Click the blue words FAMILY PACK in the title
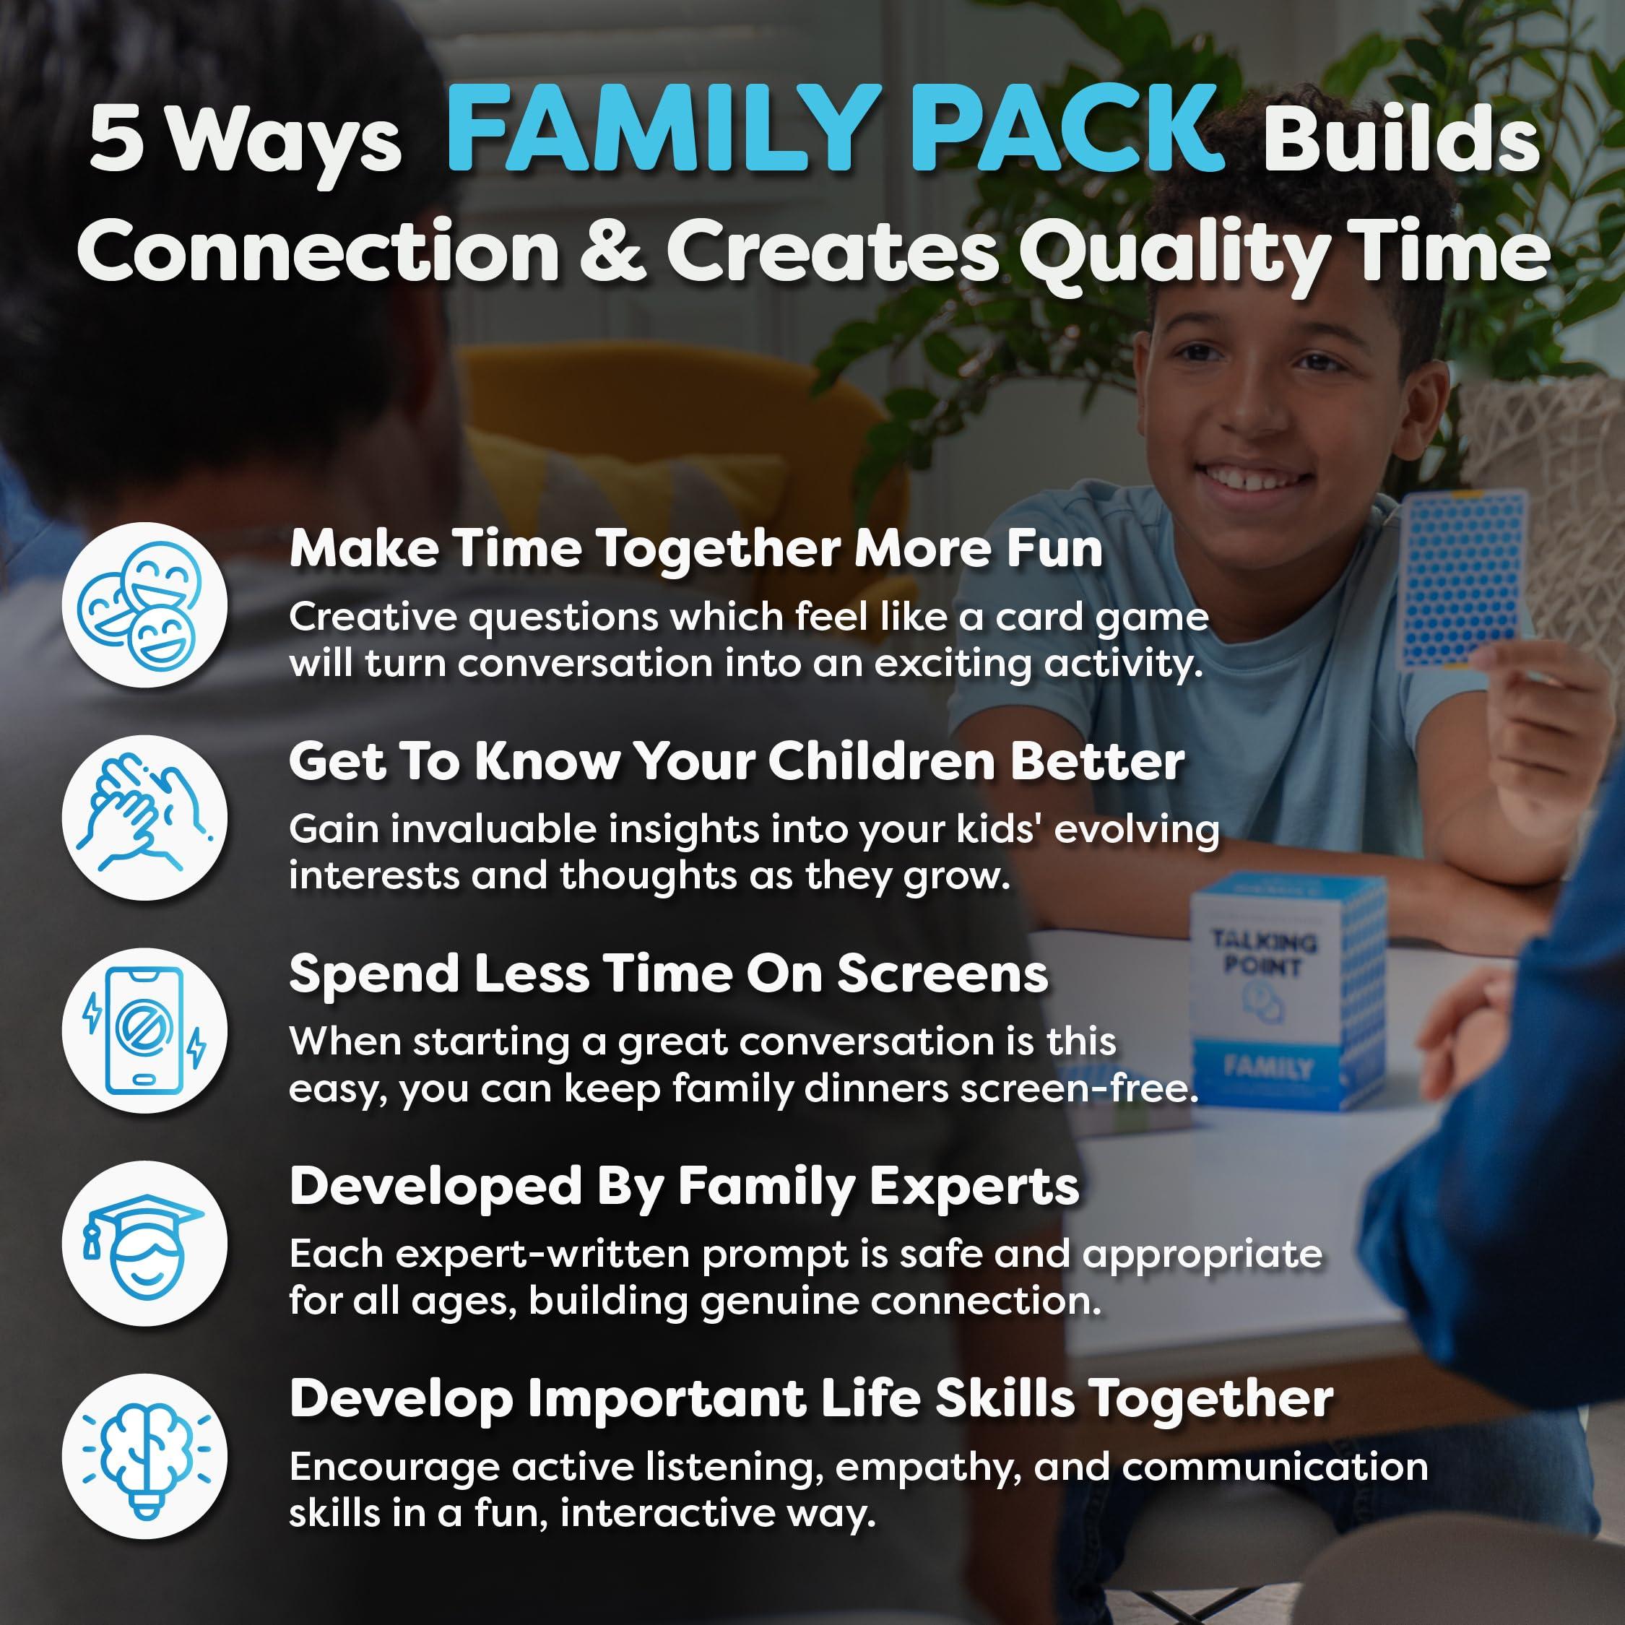tap(833, 131)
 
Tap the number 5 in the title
tap(116, 139)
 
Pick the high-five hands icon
tap(144, 818)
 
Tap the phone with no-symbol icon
tap(144, 1031)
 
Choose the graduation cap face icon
tap(144, 1243)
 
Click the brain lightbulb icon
tap(144, 1456)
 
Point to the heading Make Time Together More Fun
tap(695, 549)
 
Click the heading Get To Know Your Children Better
tap(736, 762)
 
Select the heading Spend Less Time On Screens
tap(669, 975)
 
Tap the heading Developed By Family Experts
tap(684, 1187)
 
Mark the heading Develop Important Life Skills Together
tap(811, 1400)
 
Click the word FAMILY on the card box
tap(1267, 1067)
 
